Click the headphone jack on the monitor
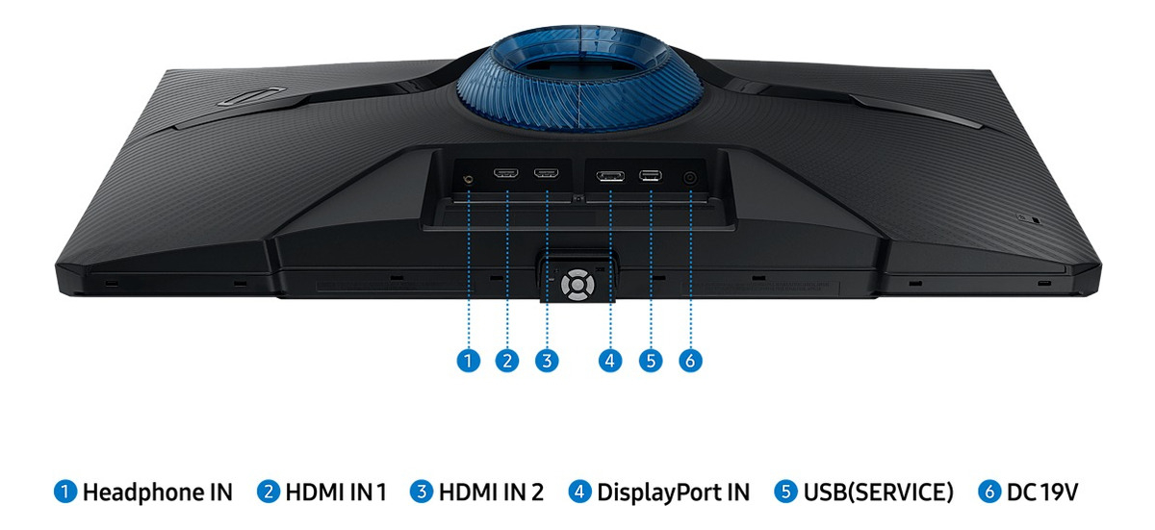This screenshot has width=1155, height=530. (x=469, y=177)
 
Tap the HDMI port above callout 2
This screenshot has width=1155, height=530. (x=506, y=174)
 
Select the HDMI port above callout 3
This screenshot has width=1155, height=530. (x=547, y=174)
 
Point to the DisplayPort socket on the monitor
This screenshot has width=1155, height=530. (x=609, y=175)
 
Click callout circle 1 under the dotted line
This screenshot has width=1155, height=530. (x=468, y=361)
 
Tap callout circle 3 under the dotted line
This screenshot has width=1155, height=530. (x=547, y=361)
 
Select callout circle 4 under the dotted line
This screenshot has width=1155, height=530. (x=609, y=361)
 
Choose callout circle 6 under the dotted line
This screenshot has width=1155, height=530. (x=690, y=361)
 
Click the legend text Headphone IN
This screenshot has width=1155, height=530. (x=157, y=492)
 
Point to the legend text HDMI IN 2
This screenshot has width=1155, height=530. (x=491, y=492)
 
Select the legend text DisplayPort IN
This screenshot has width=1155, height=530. (x=673, y=492)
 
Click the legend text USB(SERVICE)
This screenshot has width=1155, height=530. (x=877, y=492)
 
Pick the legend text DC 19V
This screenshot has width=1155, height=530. (x=1042, y=492)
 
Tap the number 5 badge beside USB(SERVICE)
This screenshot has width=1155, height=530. (x=785, y=492)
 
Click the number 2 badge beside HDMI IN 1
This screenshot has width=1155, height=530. (x=268, y=492)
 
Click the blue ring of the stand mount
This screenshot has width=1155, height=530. (x=500, y=96)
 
